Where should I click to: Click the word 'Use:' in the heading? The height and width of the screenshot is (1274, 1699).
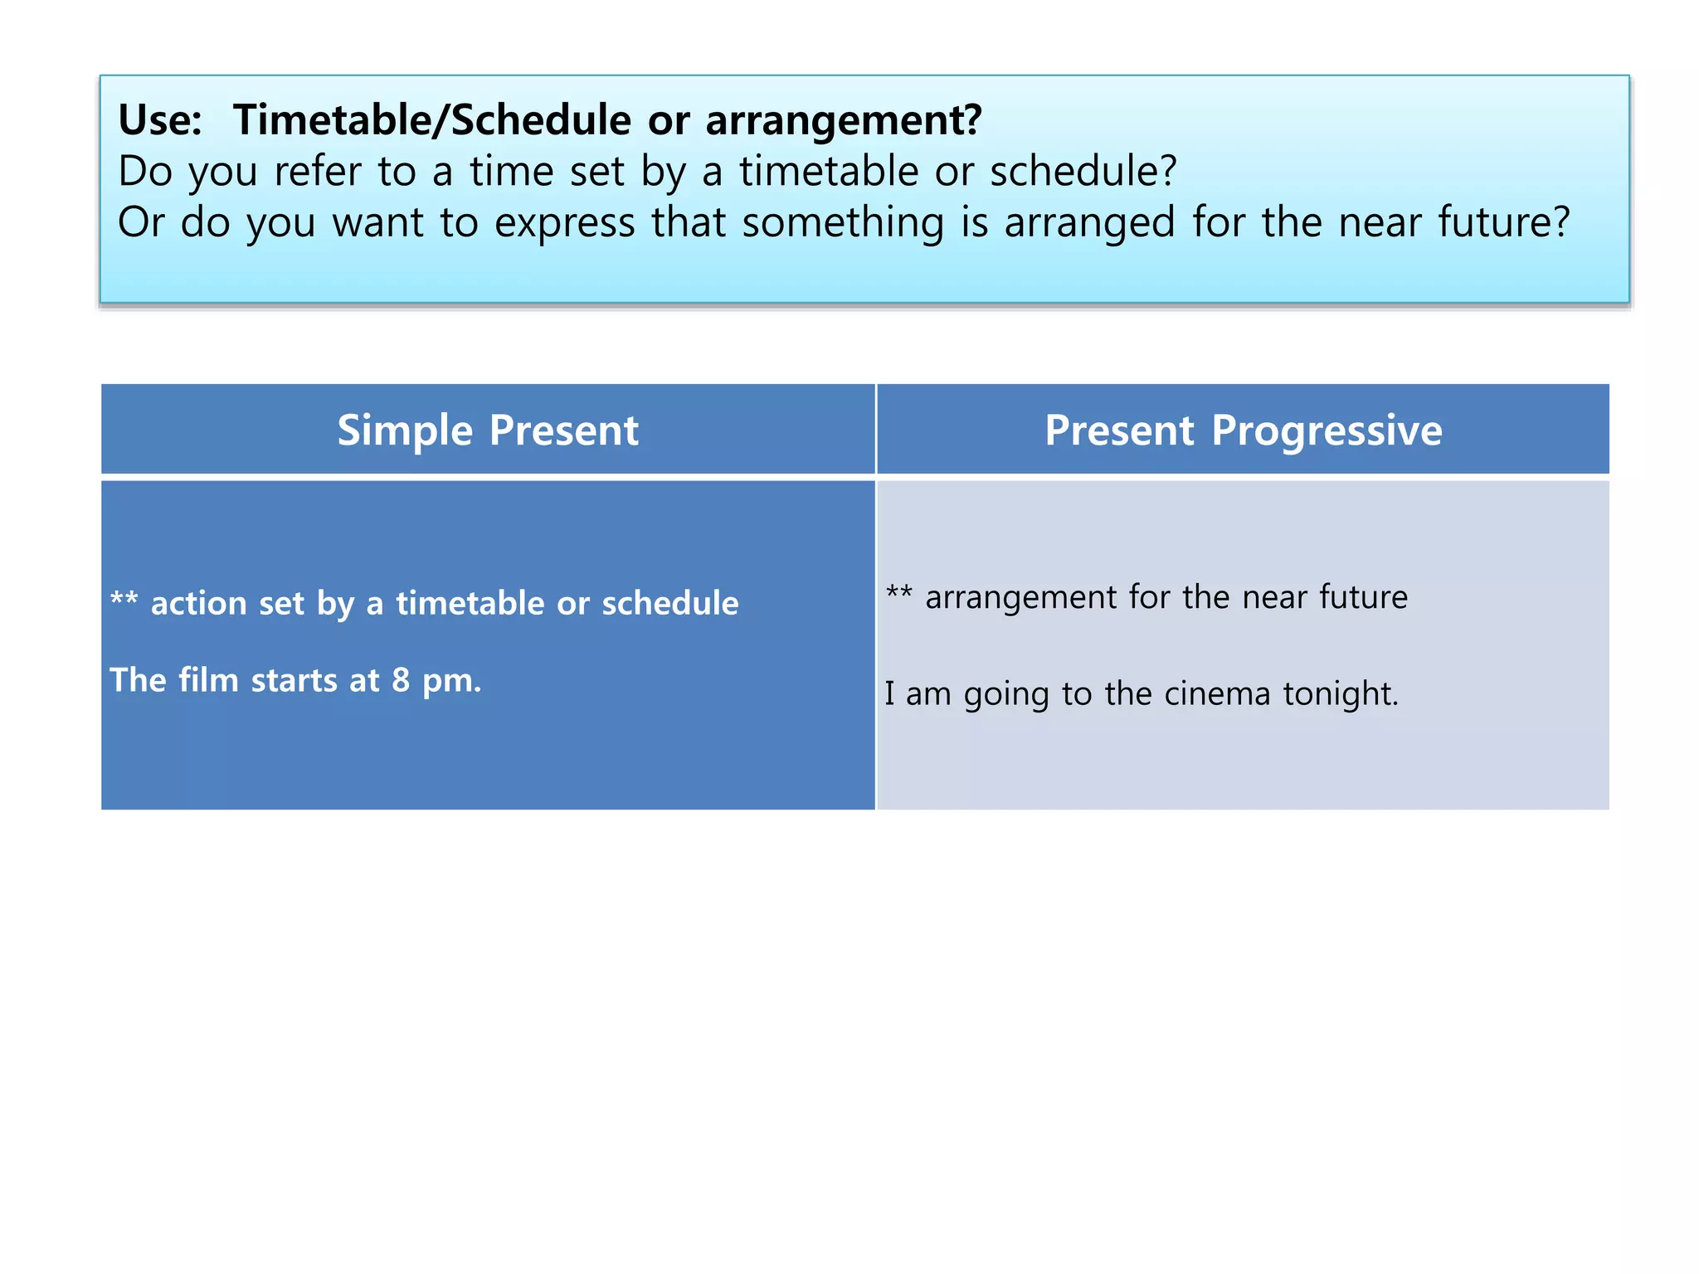[160, 120]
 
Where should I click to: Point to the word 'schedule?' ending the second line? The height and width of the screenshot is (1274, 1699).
[1083, 172]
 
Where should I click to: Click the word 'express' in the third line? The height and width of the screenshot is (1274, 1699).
[564, 223]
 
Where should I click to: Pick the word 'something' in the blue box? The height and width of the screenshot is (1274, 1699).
[843, 223]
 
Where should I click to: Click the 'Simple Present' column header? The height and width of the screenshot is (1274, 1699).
[488, 430]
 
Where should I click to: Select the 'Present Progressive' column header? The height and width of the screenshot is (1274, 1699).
[1243, 430]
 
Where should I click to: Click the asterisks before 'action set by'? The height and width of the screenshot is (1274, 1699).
[124, 600]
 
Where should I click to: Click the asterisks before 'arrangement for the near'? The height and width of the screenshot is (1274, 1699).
[899, 593]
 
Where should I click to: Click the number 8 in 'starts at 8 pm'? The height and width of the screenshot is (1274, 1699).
[401, 681]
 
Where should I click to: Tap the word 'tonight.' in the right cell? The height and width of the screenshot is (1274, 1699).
[1341, 694]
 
